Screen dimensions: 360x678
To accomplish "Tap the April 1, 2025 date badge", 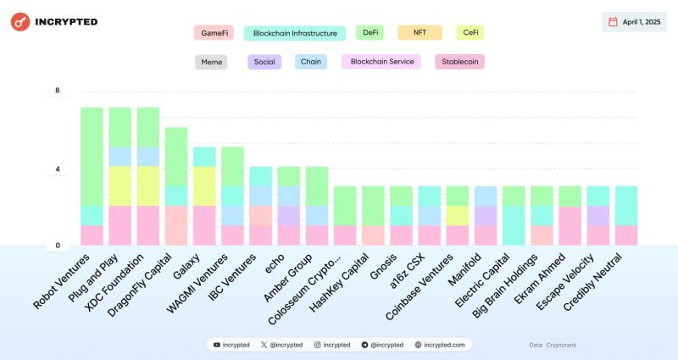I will tap(635, 22).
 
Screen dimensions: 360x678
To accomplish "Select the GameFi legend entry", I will tap(213, 33).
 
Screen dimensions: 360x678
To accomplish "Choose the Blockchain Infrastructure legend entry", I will tap(295, 33).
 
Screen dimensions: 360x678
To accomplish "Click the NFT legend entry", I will tap(420, 33).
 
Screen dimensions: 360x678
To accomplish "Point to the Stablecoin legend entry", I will tap(459, 62).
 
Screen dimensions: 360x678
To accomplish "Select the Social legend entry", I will tap(264, 62).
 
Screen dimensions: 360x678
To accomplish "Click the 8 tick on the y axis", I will tap(58, 90).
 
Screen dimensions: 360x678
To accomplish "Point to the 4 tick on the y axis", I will tap(58, 169).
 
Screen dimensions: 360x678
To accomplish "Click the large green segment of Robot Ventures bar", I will tap(92, 157).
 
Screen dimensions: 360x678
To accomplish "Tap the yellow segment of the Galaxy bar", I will tap(204, 186).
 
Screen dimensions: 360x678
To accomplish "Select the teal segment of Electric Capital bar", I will tap(514, 224).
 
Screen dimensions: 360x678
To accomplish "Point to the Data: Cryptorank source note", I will tap(553, 345).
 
